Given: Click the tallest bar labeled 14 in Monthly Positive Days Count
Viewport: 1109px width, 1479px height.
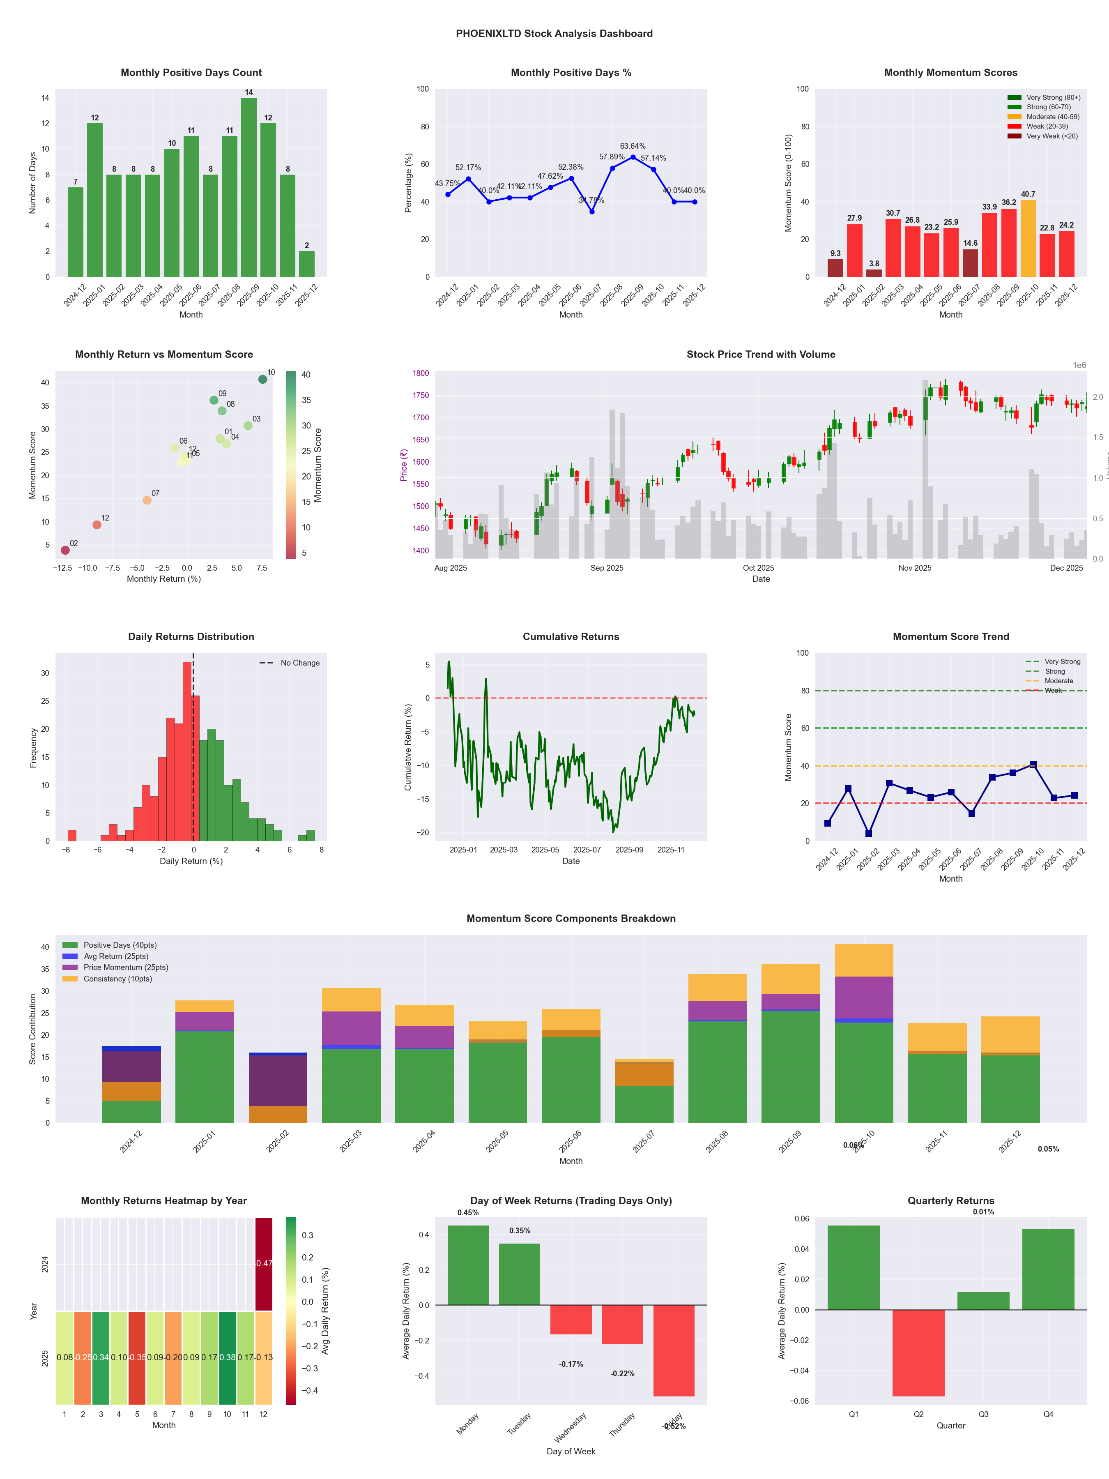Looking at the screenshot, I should click(x=248, y=187).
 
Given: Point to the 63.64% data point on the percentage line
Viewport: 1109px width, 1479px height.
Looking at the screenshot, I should click(x=633, y=157).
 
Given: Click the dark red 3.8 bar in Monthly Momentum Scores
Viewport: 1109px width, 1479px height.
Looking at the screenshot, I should click(x=874, y=273).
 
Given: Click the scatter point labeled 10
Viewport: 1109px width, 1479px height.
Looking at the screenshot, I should click(x=263, y=379).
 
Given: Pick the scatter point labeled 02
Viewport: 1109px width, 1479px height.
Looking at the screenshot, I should click(x=65, y=550).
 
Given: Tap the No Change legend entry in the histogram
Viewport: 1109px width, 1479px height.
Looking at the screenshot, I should click(x=290, y=663).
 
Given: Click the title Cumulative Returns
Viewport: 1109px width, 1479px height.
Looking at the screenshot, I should click(x=571, y=636).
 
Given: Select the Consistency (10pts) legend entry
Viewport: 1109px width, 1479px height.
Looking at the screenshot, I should click(x=107, y=979).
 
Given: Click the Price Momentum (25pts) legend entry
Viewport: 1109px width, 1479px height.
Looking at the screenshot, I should click(x=115, y=968).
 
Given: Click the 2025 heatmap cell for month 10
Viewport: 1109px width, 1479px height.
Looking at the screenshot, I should click(x=227, y=1358).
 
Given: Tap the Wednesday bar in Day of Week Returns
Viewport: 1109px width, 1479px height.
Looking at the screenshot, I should click(x=571, y=1320).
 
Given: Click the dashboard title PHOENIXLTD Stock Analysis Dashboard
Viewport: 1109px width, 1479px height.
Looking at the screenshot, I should click(x=554, y=33).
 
